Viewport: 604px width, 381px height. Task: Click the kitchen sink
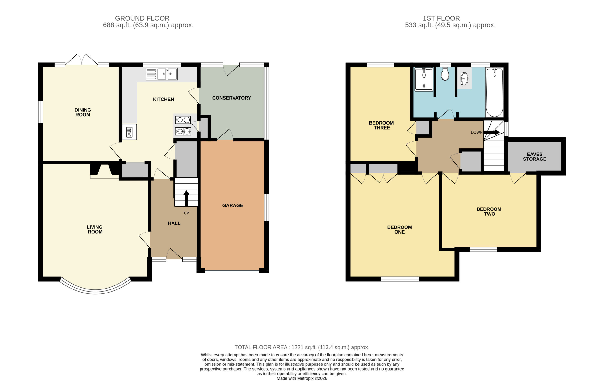point(162,74)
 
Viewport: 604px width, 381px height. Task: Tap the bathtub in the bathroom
point(494,92)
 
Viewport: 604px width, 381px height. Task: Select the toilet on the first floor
point(445,74)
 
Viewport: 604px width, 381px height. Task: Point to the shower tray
point(424,79)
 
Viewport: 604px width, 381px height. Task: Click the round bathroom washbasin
point(464,79)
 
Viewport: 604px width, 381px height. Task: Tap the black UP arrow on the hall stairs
point(186,198)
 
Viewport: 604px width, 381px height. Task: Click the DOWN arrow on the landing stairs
point(491,132)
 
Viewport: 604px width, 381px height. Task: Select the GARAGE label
point(233,205)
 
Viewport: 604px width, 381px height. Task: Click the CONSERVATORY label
point(231,98)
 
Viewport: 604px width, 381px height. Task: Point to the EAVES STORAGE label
point(535,156)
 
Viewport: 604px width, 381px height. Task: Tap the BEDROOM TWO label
point(489,211)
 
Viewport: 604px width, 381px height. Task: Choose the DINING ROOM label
point(83,112)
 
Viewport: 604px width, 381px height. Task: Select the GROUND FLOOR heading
point(142,18)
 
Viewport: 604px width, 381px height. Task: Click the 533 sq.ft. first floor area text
point(450,25)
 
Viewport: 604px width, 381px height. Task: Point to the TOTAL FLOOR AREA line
point(302,348)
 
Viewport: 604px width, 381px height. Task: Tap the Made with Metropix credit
point(302,378)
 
